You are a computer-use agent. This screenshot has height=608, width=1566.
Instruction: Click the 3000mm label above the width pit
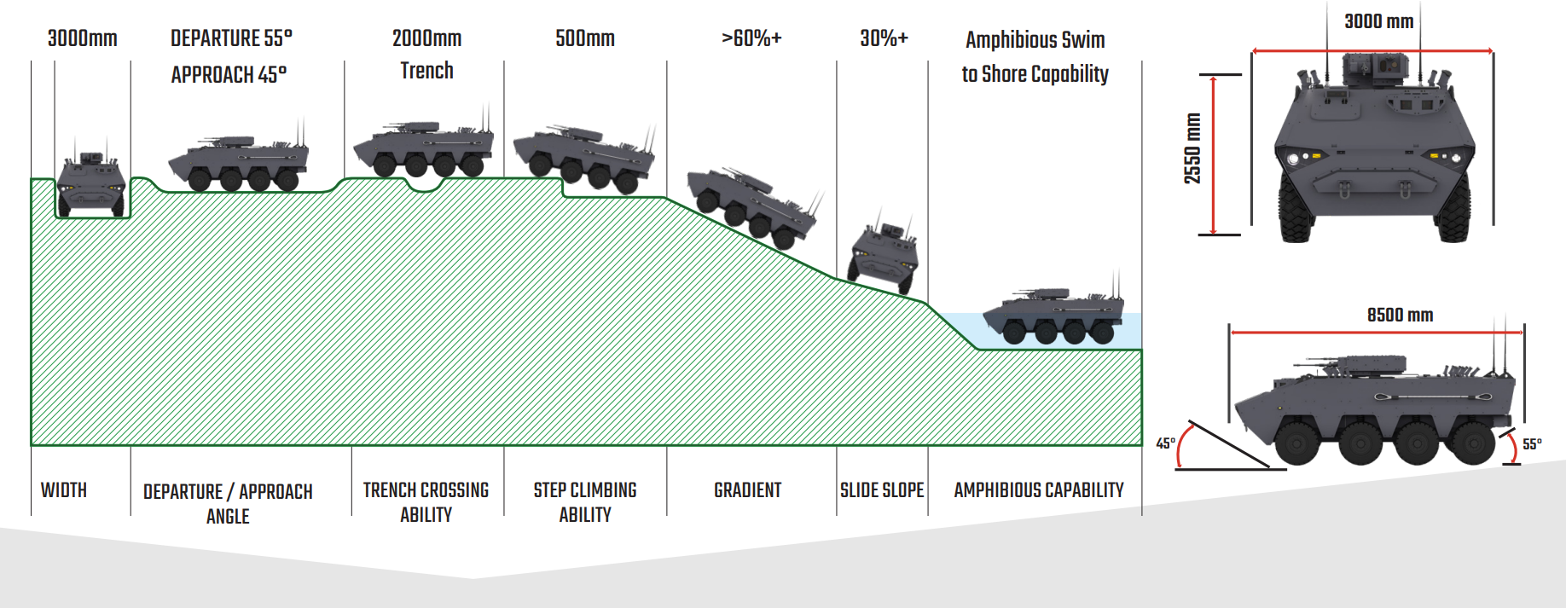click(x=82, y=38)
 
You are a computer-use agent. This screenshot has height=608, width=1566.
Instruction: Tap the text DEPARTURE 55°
click(x=231, y=38)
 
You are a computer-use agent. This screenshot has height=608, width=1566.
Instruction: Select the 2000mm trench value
click(x=426, y=38)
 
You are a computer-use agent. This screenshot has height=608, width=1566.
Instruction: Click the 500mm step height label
click(x=584, y=38)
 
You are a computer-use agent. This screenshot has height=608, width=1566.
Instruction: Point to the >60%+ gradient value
click(x=751, y=38)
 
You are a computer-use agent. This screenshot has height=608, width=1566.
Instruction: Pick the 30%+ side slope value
click(x=884, y=38)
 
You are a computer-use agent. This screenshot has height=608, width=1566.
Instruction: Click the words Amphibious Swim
click(x=1035, y=40)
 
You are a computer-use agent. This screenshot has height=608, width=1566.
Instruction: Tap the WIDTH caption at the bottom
click(x=64, y=490)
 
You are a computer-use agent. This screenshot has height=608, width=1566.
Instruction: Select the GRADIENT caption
click(x=747, y=490)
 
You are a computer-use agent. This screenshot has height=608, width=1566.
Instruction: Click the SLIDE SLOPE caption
click(x=882, y=490)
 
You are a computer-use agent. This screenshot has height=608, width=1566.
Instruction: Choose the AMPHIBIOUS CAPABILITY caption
click(x=1038, y=490)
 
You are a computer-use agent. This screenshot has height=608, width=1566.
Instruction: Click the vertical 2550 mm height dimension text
click(x=1192, y=148)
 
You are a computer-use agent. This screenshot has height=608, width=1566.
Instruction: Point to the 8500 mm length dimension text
click(x=1400, y=315)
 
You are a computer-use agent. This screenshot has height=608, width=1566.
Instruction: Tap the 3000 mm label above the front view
click(x=1378, y=21)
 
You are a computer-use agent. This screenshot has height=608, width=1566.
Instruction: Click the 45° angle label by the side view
click(x=1165, y=443)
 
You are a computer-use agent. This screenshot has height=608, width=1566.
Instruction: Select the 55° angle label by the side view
click(x=1532, y=444)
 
